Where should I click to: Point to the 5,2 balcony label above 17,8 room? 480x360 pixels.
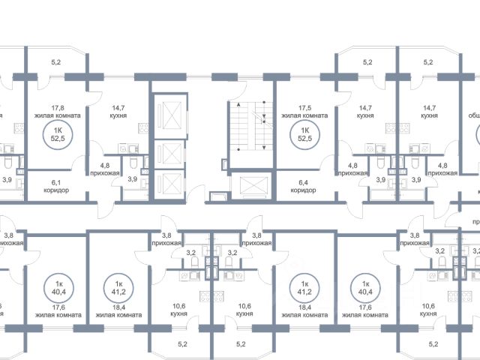[56, 63]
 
